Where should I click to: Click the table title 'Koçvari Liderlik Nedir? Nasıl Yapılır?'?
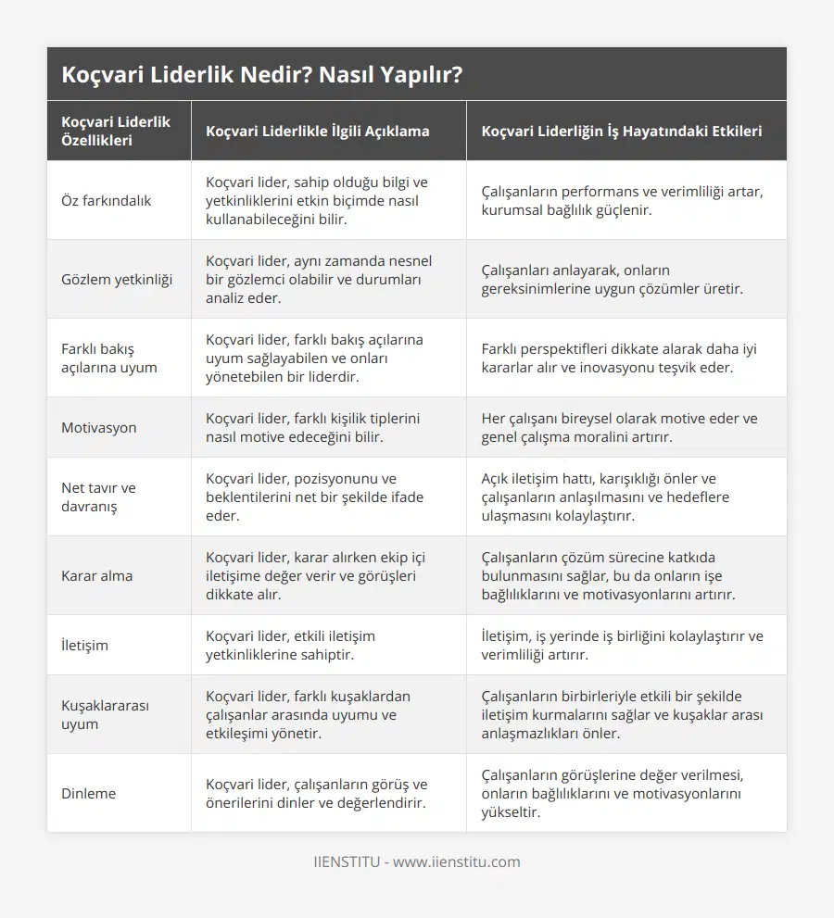click(262, 75)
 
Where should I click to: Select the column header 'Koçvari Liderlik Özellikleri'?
click(116, 132)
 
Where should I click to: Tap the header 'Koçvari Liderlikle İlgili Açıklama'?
click(317, 132)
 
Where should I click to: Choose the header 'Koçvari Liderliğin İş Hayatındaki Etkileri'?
click(622, 132)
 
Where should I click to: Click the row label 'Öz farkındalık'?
click(106, 200)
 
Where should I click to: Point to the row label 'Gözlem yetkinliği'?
click(116, 279)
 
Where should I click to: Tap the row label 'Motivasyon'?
click(98, 428)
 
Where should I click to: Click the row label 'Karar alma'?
click(96, 575)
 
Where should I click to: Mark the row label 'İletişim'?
click(84, 645)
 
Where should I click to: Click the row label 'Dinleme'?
click(89, 793)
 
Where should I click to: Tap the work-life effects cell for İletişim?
click(622, 645)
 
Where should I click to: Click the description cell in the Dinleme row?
click(316, 793)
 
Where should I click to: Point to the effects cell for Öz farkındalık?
click(622, 200)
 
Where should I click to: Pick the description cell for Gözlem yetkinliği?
click(318, 279)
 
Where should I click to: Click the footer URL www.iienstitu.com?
click(457, 861)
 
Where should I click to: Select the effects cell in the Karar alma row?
click(622, 575)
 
